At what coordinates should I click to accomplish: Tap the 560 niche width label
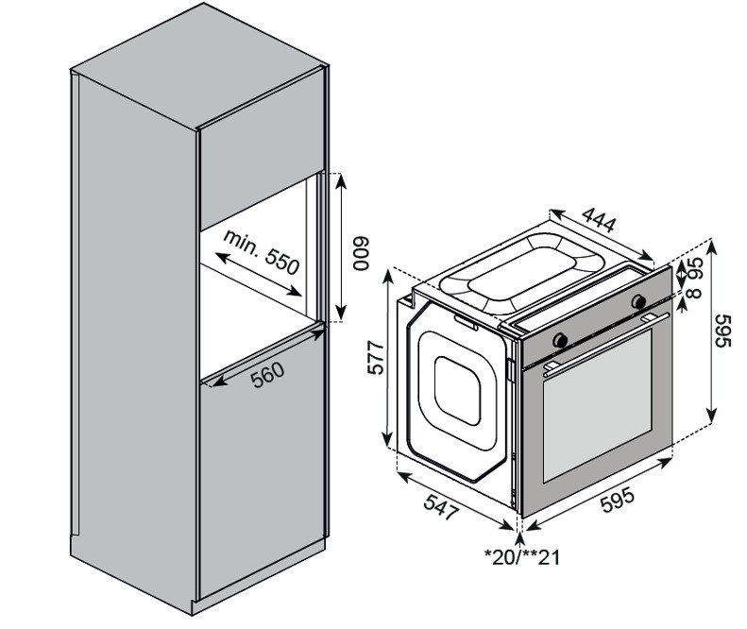[x=268, y=377]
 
